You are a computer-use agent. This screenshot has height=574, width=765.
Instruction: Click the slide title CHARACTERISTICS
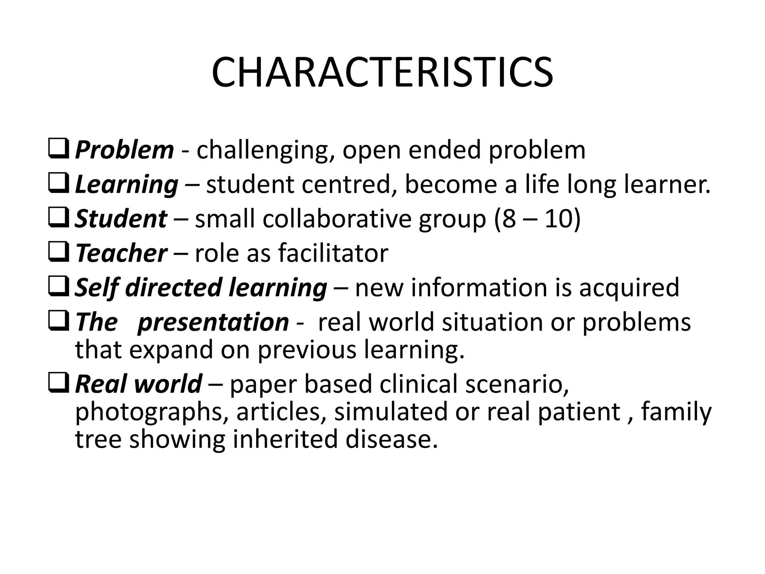coord(382,72)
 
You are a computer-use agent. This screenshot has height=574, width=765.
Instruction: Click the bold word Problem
coord(124,150)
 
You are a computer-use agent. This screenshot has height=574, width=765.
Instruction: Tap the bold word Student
coord(121,219)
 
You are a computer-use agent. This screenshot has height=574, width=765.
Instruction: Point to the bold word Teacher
coord(121,253)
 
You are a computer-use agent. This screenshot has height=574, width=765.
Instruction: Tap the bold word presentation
coord(213,322)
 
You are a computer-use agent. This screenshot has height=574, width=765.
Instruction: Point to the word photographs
coord(152,412)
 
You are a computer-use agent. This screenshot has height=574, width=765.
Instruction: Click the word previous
coord(307,350)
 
